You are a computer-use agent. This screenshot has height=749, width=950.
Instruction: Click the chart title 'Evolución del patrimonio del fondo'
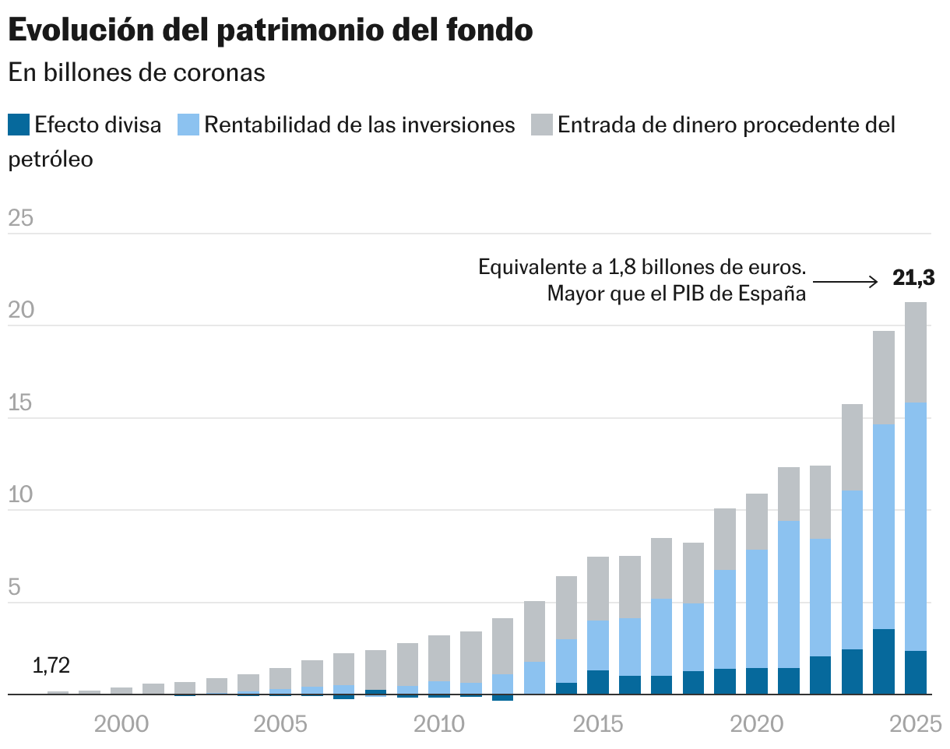pyautogui.click(x=270, y=30)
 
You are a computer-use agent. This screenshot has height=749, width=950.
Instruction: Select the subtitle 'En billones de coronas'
pyautogui.click(x=136, y=72)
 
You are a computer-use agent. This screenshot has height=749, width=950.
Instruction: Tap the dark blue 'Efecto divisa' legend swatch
pyautogui.click(x=19, y=125)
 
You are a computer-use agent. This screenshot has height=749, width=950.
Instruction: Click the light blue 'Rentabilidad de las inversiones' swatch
pyautogui.click(x=188, y=125)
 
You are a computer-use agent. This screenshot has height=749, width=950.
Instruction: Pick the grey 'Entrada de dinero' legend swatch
pyautogui.click(x=542, y=125)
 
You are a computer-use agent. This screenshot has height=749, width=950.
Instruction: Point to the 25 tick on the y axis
pyautogui.click(x=21, y=219)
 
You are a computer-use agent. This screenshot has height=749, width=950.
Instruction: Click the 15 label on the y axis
pyautogui.click(x=21, y=403)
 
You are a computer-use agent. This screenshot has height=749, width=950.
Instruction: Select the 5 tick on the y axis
pyautogui.click(x=14, y=588)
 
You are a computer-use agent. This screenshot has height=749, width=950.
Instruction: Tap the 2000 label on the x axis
pyautogui.click(x=121, y=725)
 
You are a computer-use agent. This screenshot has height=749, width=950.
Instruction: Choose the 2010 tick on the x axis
pyautogui.click(x=439, y=725)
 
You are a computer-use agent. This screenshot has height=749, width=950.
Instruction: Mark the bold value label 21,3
pyautogui.click(x=913, y=279)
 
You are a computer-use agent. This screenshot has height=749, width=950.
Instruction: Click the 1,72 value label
pyautogui.click(x=51, y=666)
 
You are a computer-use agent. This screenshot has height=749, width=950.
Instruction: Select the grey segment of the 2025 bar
pyautogui.click(x=916, y=352)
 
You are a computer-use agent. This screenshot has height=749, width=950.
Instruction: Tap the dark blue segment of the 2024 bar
pyautogui.click(x=884, y=661)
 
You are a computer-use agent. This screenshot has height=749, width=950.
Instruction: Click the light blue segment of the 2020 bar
pyautogui.click(x=757, y=609)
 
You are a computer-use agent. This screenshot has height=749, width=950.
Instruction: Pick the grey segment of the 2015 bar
pyautogui.click(x=598, y=589)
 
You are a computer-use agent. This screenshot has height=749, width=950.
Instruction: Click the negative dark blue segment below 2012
pyautogui.click(x=503, y=698)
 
